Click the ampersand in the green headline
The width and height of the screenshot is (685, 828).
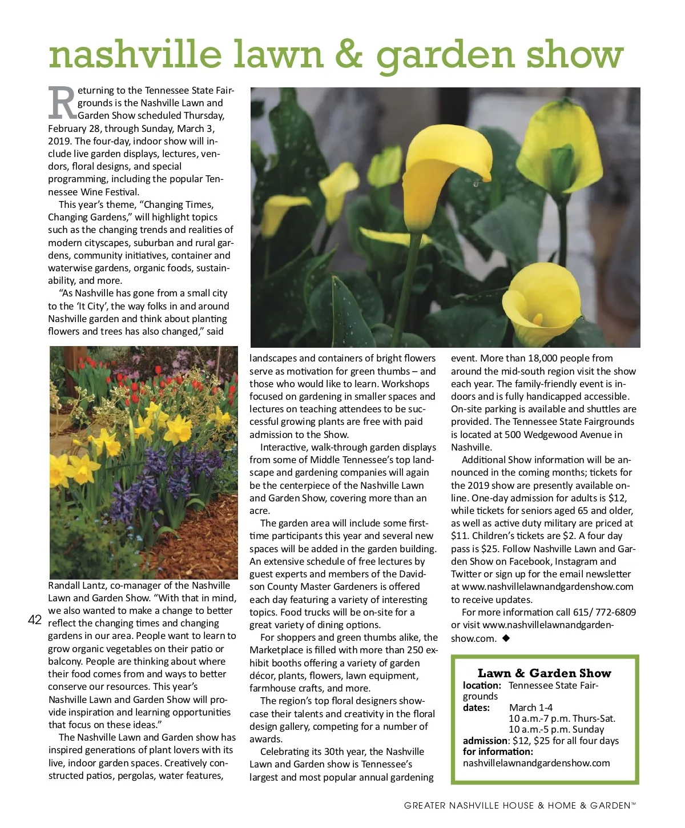tap(348, 55)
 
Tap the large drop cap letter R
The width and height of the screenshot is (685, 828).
tap(62, 104)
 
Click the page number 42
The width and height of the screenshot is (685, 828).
tap(35, 620)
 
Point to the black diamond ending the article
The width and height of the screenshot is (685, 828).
tap(506, 638)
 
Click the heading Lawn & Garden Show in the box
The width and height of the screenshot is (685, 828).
tap(544, 673)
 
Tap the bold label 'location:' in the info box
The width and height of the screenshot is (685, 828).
tap(482, 685)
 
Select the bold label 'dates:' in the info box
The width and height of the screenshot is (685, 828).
tap(476, 708)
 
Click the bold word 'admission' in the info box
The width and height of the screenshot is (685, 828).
tap(485, 741)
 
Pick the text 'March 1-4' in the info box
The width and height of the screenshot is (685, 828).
tap(531, 708)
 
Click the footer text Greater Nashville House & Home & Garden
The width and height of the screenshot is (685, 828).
tap(519, 805)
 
